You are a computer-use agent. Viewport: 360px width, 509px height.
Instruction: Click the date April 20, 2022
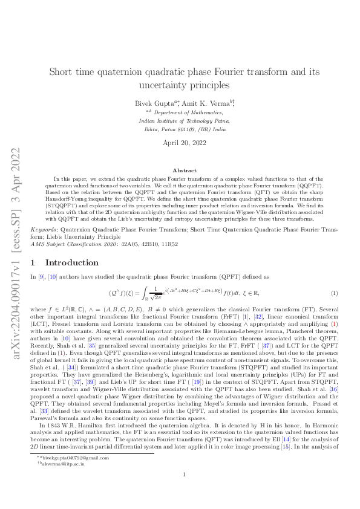tap(180, 143)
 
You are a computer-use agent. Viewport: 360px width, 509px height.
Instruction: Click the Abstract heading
tap(180, 170)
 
